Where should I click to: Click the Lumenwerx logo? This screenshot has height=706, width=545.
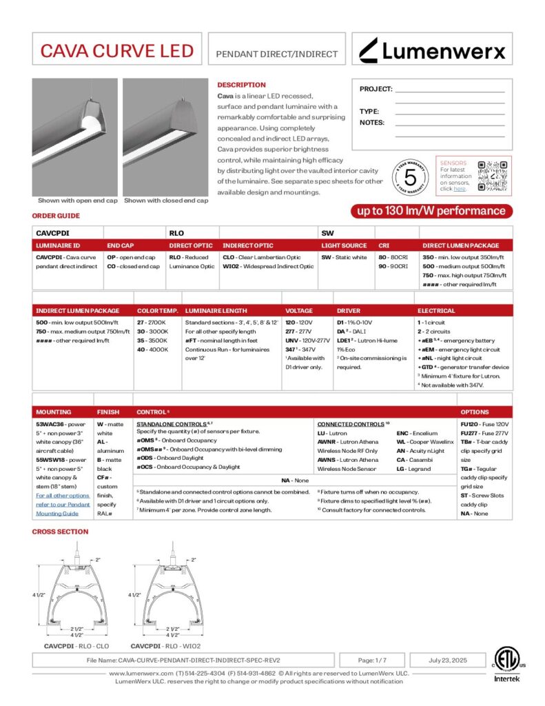coord(433,50)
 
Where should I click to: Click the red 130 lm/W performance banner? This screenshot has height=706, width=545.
coord(431,211)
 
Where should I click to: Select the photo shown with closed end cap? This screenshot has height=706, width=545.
coord(166,137)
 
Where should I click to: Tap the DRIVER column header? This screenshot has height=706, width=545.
coord(349,311)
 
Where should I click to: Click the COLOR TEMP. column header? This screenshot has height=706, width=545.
coord(158,311)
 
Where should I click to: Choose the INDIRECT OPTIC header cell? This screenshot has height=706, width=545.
coord(248,245)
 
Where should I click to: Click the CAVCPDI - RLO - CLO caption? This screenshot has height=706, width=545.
coord(76,647)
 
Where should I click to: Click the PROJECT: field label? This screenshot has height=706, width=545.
coord(376,89)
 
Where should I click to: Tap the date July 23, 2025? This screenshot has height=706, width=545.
coord(448,660)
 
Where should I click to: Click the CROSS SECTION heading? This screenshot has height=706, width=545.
coord(61,532)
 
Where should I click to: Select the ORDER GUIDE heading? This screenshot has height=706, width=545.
coord(56,215)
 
